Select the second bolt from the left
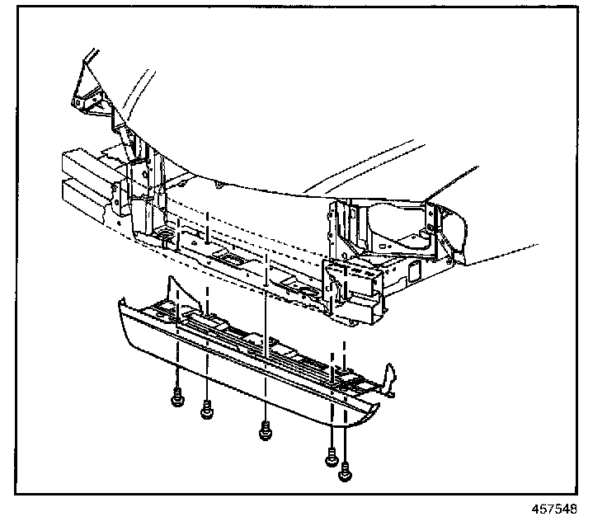pyautogui.click(x=206, y=408)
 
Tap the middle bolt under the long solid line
pyautogui.click(x=265, y=430)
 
